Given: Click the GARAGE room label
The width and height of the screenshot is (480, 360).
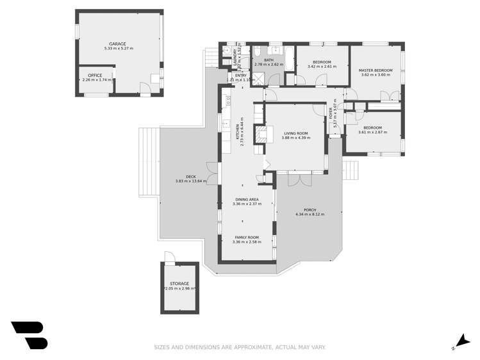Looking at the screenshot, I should tap(117, 44).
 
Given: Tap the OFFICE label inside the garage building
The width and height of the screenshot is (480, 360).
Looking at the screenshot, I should tap(95, 76).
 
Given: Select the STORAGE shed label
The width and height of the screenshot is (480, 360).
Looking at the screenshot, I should tap(179, 283).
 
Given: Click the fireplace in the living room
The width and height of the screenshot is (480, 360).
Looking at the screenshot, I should tap(260, 135).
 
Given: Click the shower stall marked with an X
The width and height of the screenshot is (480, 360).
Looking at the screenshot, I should tap(258, 78).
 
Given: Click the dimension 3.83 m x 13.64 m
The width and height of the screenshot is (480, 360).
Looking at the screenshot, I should tap(191, 181).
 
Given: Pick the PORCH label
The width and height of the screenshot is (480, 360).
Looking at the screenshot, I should tap(310, 210).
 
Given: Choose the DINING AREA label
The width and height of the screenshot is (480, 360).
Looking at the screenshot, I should tap(246, 200).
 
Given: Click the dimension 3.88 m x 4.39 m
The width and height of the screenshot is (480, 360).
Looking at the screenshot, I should tap(297, 138).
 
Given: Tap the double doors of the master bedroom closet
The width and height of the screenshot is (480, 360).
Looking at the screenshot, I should tap(387, 97).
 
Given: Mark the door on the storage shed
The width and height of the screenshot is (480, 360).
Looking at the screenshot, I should tap(169, 257).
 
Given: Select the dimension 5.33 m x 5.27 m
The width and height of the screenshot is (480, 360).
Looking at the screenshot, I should tap(117, 49).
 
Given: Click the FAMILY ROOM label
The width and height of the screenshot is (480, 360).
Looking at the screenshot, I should tap(246, 237).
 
